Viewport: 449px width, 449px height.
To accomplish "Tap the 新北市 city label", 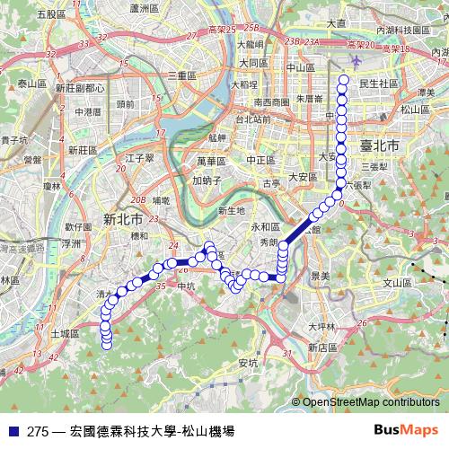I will point(123,218).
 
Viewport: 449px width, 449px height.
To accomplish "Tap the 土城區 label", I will point(65,332).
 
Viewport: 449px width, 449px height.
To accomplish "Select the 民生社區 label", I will point(378,83).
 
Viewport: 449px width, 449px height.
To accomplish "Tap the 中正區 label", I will point(260,160).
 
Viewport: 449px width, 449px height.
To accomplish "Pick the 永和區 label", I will point(266,227).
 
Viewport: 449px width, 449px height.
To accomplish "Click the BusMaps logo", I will point(405,430).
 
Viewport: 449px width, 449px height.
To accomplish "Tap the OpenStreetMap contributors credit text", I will point(370,403).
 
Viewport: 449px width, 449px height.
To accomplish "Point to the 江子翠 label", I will point(142,158).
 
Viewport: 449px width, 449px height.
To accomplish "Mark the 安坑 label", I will point(248,363).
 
